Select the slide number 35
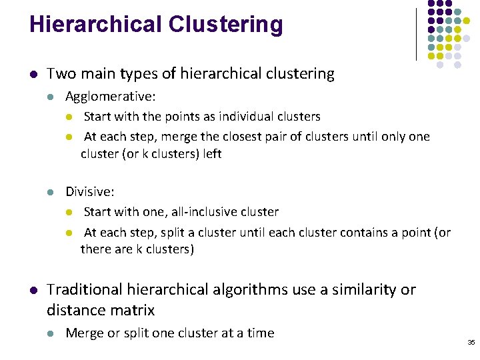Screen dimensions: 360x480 471,342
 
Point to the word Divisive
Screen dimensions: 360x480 89,192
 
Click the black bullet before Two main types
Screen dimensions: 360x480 33,74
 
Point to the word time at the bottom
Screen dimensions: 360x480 259,333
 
